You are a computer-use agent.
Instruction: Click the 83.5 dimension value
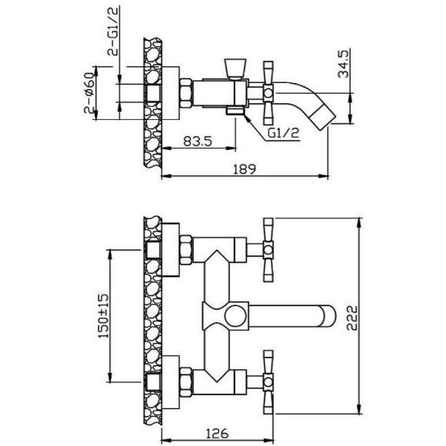(198, 141)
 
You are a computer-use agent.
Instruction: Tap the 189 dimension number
(245, 169)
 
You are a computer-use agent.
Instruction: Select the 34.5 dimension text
(343, 64)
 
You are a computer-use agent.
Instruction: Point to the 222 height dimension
(352, 318)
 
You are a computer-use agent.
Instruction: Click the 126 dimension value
(217, 434)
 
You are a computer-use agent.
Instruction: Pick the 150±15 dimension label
(103, 316)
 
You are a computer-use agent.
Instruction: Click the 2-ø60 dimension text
(89, 93)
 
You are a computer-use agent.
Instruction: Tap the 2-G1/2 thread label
(112, 31)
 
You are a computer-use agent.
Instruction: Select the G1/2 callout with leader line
(284, 133)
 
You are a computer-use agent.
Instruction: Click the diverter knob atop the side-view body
(235, 68)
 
